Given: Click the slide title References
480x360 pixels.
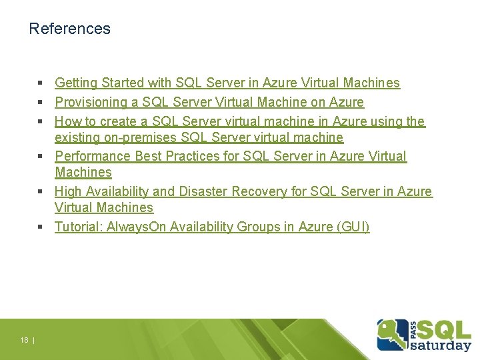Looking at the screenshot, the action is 69,29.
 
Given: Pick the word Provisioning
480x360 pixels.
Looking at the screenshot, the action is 90,103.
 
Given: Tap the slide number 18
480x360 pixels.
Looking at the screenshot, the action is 24,341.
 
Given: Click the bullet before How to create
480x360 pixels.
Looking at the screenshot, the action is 41,122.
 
